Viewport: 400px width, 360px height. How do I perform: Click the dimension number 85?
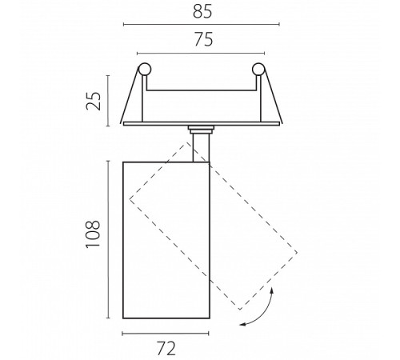click(x=202, y=11)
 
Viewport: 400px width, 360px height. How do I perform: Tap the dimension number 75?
click(x=203, y=39)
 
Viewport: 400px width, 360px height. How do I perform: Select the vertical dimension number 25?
click(x=94, y=101)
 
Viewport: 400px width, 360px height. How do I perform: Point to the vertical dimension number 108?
click(x=93, y=234)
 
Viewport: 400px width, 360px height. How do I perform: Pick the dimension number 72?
click(x=166, y=348)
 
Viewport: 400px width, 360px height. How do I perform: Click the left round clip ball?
click(x=145, y=70)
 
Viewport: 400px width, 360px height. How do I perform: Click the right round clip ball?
click(x=258, y=70)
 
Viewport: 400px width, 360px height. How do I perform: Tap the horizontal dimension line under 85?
click(x=202, y=24)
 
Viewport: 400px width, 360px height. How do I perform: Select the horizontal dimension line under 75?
click(x=201, y=54)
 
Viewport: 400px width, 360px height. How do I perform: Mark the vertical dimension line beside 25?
click(x=108, y=101)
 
